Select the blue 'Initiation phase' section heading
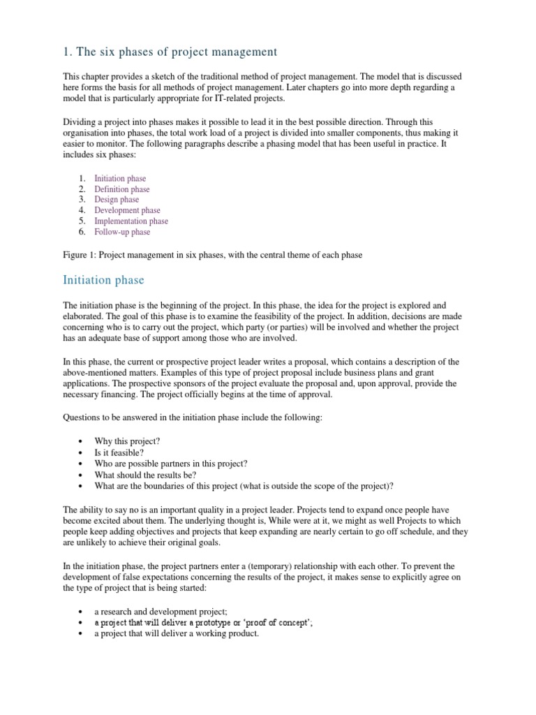(103, 280)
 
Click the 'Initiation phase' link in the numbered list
(120, 179)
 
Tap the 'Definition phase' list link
(121, 189)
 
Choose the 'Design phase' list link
(117, 200)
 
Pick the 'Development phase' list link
(127, 210)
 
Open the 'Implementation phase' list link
(131, 221)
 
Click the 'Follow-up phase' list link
(122, 232)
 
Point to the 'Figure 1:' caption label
(80, 255)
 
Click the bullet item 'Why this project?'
(128, 442)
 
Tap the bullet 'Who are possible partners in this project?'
(171, 464)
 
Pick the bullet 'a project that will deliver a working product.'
(177, 633)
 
